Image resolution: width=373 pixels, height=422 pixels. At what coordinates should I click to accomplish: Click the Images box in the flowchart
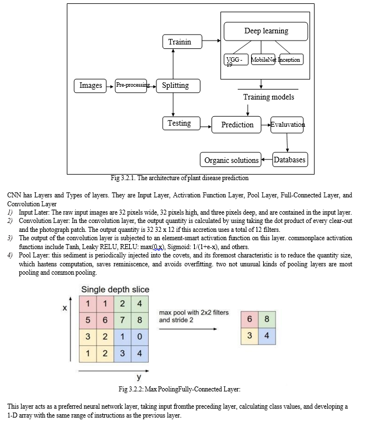tap(90, 86)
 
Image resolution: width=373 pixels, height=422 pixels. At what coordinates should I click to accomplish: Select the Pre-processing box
tap(131, 86)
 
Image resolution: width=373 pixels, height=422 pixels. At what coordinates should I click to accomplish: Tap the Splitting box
tap(178, 86)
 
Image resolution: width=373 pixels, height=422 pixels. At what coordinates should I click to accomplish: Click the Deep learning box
tap(266, 32)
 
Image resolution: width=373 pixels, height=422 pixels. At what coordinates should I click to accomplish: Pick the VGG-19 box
tap(236, 59)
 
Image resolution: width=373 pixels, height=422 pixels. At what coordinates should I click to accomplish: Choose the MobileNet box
tap(263, 59)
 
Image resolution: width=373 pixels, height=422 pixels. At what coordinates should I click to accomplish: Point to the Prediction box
tap(237, 125)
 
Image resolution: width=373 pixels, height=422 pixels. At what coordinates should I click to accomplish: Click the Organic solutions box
tap(230, 160)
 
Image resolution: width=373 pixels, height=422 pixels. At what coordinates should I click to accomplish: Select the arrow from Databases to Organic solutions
tap(267, 160)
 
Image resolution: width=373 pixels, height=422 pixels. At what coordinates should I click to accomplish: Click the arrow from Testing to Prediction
tap(206, 127)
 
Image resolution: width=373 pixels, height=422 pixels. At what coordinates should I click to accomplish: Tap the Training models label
tap(269, 97)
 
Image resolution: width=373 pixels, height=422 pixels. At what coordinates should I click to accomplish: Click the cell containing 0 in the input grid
tap(140, 337)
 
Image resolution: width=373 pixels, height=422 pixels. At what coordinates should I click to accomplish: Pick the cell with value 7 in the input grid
tap(122, 320)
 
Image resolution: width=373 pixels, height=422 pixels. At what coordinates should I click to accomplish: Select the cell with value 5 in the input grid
tap(88, 320)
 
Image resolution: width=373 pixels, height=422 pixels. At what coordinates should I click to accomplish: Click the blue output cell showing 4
tap(267, 336)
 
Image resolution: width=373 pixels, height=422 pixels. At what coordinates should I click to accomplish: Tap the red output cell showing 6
tap(249, 319)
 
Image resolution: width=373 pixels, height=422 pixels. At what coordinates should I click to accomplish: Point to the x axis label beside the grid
tap(65, 308)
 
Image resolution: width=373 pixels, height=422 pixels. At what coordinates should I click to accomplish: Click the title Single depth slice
tap(115, 290)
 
